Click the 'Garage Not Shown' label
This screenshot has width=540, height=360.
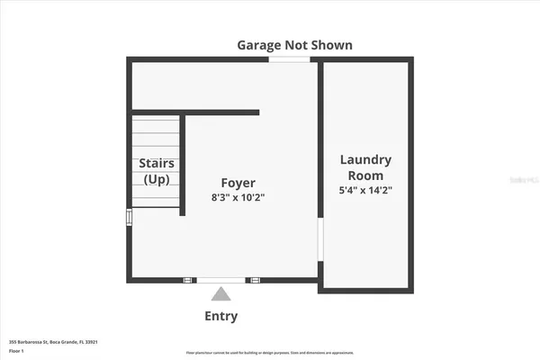[294, 44]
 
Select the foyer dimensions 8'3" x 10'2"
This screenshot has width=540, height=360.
[238, 196]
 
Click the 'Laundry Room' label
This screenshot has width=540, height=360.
[365, 166]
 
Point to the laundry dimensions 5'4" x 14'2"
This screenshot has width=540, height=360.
[365, 190]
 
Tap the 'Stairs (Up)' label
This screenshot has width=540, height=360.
[157, 171]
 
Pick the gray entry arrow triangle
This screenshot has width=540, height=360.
[220, 292]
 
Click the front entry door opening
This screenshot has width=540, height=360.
[220, 280]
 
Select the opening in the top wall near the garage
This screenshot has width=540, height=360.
[290, 60]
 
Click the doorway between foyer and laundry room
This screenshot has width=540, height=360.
[319, 247]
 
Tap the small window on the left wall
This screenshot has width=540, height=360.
[129, 217]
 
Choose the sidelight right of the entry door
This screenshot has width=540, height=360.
[254, 280]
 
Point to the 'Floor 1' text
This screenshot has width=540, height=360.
[17, 351]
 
